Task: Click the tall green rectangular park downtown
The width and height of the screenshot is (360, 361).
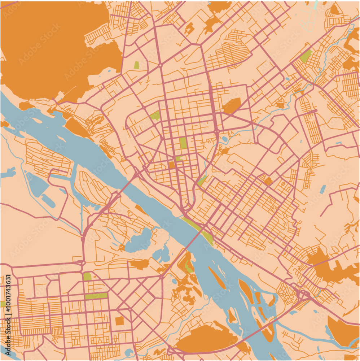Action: (183, 143)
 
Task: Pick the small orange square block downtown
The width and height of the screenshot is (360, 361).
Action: (172, 165)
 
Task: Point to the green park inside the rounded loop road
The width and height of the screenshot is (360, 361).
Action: (155, 116)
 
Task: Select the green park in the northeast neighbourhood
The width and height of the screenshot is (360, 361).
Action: (306, 56)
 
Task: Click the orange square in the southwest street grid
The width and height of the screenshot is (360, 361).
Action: (119, 321)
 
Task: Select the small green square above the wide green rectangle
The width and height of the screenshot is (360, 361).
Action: (87, 277)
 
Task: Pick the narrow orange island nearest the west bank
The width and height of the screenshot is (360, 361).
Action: (216, 277)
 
